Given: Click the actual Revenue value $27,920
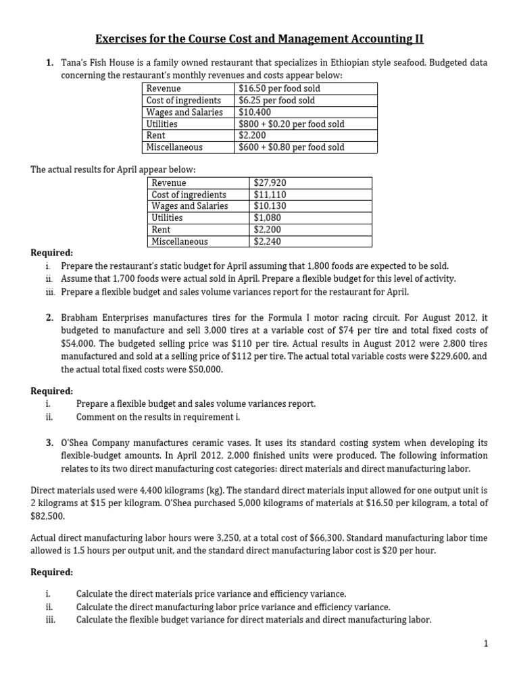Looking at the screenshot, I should (270, 183).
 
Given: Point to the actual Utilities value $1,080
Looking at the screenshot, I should (267, 218).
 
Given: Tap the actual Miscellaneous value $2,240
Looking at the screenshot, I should (267, 241).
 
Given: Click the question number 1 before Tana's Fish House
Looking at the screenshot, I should (50, 63).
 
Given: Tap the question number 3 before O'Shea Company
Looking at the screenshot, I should (50, 443).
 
